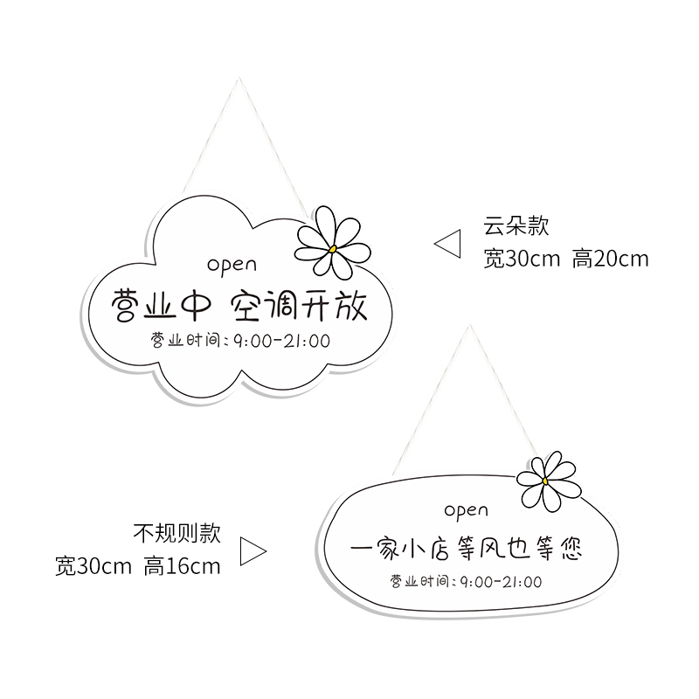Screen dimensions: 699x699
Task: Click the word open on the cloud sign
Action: coord(232,264)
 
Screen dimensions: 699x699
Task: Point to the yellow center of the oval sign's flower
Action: coord(545,480)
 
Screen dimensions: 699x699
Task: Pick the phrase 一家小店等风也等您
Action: coord(465,550)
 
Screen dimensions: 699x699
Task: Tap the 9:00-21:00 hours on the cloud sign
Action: coord(279,341)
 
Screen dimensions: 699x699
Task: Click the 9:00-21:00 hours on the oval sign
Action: coord(499,581)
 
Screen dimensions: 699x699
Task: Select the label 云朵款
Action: coord(516,225)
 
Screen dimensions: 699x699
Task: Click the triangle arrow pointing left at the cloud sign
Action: coord(448,244)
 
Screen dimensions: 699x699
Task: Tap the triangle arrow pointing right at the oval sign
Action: coord(252,550)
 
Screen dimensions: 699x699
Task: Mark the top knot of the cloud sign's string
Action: coord(239,80)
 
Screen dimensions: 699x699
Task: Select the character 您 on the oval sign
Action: coord(568,550)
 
